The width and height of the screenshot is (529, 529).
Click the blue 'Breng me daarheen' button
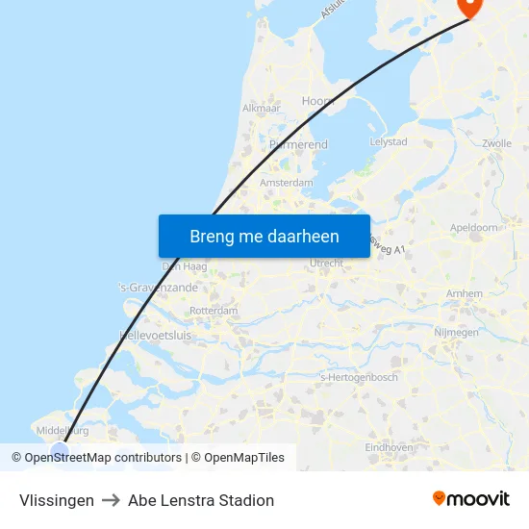click(264, 236)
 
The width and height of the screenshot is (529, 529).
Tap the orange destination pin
click(469, 7)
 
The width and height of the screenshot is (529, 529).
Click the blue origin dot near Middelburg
click(60, 449)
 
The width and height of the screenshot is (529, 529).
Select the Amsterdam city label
click(287, 183)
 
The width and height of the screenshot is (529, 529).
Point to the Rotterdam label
click(214, 312)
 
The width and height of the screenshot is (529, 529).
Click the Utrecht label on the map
click(327, 263)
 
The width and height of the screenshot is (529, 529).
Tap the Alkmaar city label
click(261, 109)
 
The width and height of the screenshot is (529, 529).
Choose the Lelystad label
click(389, 141)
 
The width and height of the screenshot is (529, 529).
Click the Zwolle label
click(497, 143)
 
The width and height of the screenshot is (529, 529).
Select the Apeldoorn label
click(474, 227)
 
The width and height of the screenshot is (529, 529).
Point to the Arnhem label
click(465, 293)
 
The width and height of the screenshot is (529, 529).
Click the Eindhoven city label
click(389, 447)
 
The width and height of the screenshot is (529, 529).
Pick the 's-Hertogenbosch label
click(358, 377)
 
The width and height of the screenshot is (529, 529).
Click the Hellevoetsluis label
click(155, 336)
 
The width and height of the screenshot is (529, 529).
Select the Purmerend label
click(298, 145)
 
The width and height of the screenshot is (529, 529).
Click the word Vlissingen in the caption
click(57, 500)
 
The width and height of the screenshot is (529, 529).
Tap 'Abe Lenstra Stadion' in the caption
click(201, 500)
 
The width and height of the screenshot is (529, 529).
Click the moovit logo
click(470, 498)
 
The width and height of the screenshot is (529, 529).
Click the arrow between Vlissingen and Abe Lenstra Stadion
click(111, 500)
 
